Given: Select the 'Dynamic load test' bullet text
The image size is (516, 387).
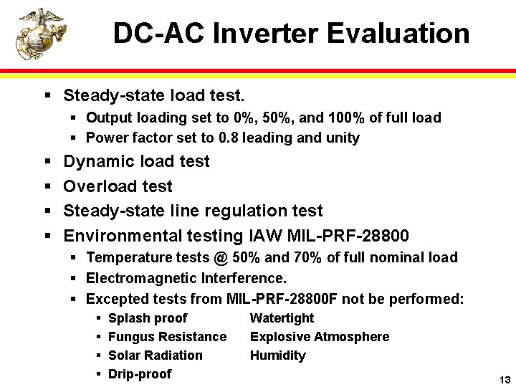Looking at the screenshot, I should [136, 162].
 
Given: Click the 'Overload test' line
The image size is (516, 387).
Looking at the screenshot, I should [118, 186].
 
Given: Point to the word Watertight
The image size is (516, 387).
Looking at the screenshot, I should [282, 318].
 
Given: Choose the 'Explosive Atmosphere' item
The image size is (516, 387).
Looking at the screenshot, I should [319, 337].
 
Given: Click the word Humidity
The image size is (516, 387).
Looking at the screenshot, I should [277, 355].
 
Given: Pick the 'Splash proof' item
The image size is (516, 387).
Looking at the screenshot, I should [147, 318].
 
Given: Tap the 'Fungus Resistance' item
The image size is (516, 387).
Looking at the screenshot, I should [167, 337].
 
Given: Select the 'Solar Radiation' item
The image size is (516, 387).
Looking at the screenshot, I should [155, 355].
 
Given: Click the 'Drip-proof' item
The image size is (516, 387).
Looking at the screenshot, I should [139, 374].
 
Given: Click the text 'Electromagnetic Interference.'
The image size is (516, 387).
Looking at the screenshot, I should [186, 278].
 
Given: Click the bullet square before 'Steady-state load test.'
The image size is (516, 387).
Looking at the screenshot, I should [47, 95].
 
